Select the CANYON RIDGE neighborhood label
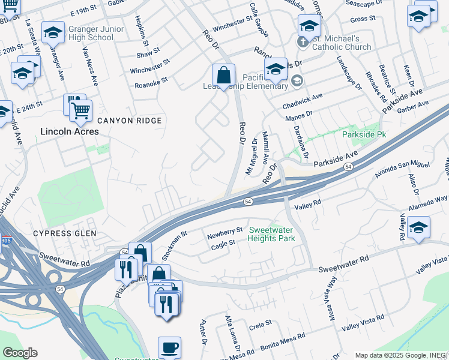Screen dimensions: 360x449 tap(130, 121)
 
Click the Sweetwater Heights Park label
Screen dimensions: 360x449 tap(272, 234)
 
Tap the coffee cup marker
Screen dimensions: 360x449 tap(169, 347)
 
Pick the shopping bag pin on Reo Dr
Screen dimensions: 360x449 tap(223, 76)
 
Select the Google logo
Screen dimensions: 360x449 tap(20, 353)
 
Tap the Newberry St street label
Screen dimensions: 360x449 tap(224, 230)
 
